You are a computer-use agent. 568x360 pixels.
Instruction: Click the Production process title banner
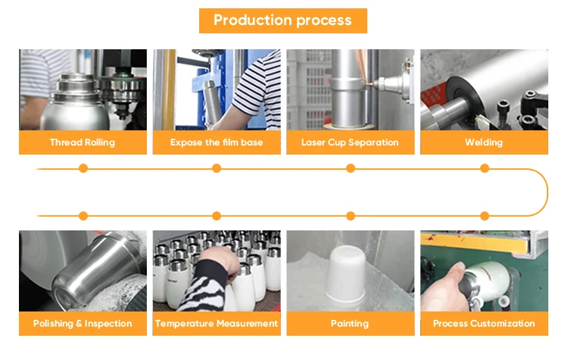coord(283,20)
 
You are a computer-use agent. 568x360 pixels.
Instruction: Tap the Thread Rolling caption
coord(83,142)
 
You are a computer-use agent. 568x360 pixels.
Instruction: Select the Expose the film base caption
coord(217,142)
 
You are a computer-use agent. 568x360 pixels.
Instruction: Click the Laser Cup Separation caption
coord(350,142)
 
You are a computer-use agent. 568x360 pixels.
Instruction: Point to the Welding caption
coord(484,142)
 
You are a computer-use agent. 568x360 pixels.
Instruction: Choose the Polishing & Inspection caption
coord(83,324)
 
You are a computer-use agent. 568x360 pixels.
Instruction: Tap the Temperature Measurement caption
coord(217,324)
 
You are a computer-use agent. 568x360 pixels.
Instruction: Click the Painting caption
coord(350,324)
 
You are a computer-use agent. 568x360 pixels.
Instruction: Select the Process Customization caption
coord(484,324)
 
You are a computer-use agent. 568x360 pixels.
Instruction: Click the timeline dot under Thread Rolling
coord(83,168)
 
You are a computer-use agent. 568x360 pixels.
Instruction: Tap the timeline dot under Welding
coord(485,168)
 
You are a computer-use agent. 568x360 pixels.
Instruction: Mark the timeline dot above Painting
coord(351,216)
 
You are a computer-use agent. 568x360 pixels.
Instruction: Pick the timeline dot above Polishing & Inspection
coord(83,216)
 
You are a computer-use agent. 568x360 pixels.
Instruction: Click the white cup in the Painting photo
coord(345,274)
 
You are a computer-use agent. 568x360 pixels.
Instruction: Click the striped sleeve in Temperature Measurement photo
coord(208,286)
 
